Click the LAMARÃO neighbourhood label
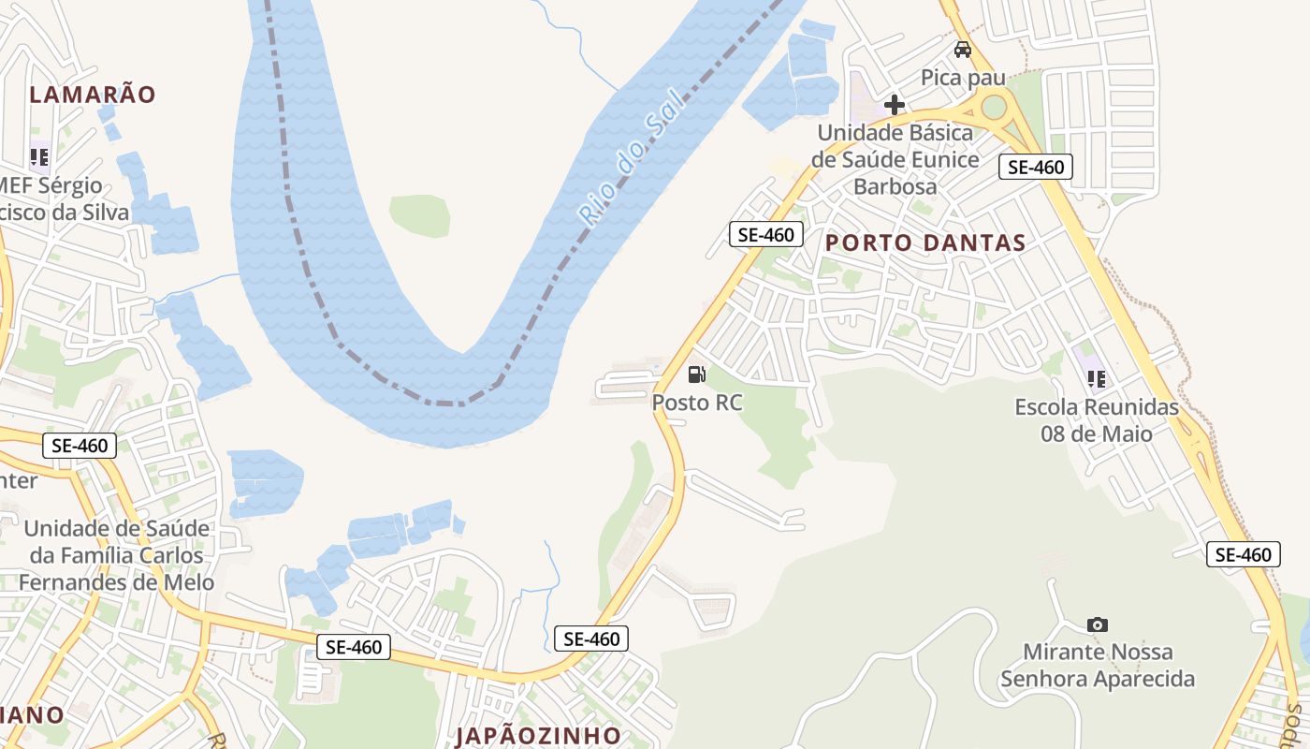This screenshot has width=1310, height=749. [x=92, y=94]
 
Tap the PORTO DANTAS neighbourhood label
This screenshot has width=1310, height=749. [x=924, y=242]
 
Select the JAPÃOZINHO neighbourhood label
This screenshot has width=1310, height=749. [x=538, y=735]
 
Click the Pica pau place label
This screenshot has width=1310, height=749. [x=963, y=77]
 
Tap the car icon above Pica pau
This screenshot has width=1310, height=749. [x=962, y=50]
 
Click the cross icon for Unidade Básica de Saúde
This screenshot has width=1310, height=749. [x=895, y=104]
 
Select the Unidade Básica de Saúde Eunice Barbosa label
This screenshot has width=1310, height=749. [x=895, y=159]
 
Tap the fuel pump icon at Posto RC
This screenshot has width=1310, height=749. [x=696, y=374]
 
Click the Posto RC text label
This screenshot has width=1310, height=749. [x=697, y=403]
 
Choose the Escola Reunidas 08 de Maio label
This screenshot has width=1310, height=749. [x=1097, y=420]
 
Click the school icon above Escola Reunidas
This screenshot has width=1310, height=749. [x=1096, y=379]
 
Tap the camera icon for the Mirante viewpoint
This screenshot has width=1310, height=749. [x=1098, y=624]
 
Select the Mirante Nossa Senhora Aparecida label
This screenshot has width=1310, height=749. [x=1098, y=665]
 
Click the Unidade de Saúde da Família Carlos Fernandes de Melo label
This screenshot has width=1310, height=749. [x=117, y=554]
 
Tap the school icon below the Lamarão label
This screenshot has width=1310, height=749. [x=39, y=156]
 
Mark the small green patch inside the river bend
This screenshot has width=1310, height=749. [x=420, y=214]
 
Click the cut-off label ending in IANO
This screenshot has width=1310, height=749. [x=32, y=715]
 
